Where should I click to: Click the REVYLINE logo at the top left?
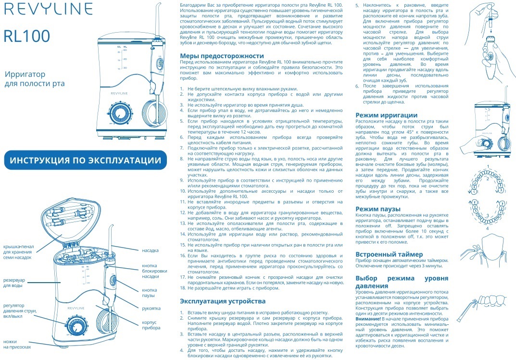pyautogui.click(x=48, y=9)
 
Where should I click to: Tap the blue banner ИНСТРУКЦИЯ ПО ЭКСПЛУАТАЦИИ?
pyautogui.click(x=86, y=160)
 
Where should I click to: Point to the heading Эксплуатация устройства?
pyautogui.click(x=223, y=301)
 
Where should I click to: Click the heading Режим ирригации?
pyautogui.click(x=386, y=115)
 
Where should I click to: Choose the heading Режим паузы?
pyautogui.click(x=378, y=209)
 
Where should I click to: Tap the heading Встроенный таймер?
pyautogui.click(x=389, y=254)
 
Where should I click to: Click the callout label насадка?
pyautogui.click(x=150, y=250)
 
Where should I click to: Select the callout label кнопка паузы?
pyautogui.click(x=150, y=293)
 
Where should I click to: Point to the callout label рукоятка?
pyautogui.click(x=151, y=308)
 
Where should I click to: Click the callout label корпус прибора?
pyautogui.click(x=151, y=325)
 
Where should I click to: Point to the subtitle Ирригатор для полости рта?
pyautogui.click(x=34, y=79)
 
